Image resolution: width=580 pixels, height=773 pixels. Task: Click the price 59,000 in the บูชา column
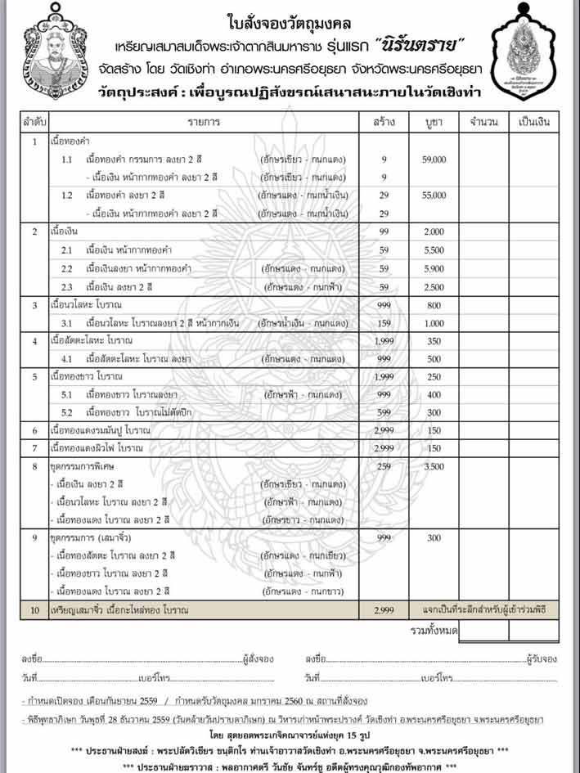(x=434, y=160)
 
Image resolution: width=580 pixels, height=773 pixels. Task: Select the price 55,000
(x=434, y=195)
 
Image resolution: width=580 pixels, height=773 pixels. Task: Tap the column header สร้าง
(x=383, y=122)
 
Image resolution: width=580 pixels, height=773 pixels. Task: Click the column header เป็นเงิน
(x=534, y=122)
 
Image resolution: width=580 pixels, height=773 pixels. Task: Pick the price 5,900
(x=434, y=268)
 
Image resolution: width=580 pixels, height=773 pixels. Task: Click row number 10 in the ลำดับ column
(x=34, y=610)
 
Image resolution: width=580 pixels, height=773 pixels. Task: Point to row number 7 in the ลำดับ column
(x=34, y=447)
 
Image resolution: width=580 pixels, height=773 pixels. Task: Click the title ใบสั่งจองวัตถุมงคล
(x=290, y=20)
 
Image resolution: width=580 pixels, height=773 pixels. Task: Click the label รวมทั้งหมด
(x=434, y=631)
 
